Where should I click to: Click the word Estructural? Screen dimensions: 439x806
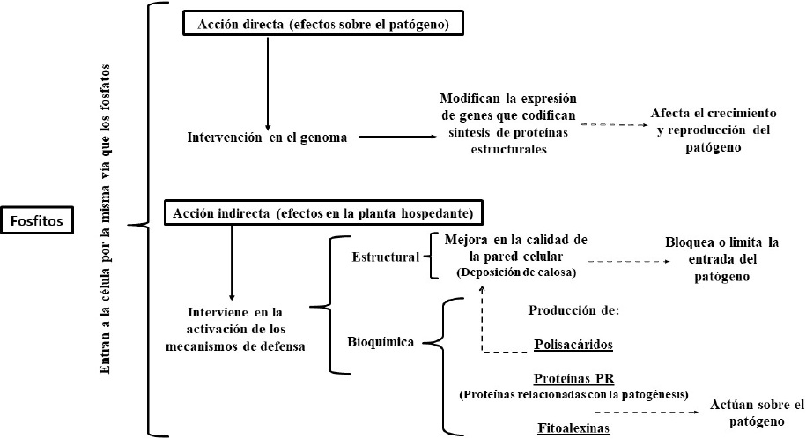click(x=384, y=259)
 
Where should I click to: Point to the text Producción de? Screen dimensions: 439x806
click(x=574, y=310)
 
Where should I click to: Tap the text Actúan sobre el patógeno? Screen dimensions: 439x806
click(x=757, y=413)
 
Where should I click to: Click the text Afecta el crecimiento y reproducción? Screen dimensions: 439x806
click(x=714, y=131)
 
